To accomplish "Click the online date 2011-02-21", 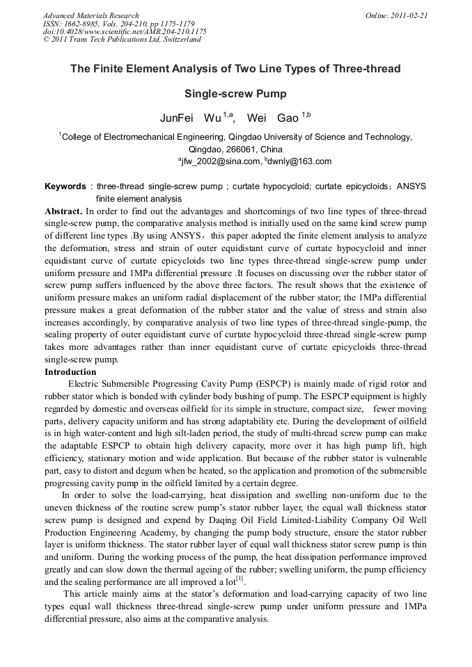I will point(407,15).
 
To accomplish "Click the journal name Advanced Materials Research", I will point(91,15).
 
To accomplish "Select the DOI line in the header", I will point(125,31).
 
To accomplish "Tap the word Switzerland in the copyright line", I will point(180,40).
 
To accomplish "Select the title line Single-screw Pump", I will point(235,93).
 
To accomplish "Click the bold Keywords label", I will point(65,187).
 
